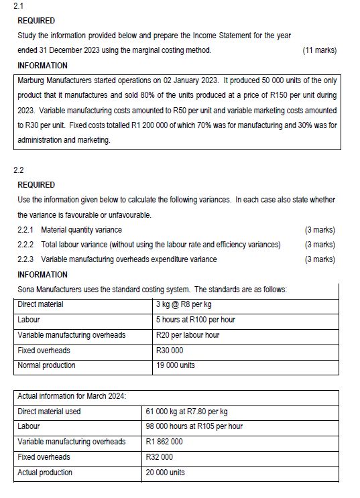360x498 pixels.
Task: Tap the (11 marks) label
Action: point(319,50)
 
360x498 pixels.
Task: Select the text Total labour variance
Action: point(76,245)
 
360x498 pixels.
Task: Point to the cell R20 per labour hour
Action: point(187,335)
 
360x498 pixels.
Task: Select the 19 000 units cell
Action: point(175,365)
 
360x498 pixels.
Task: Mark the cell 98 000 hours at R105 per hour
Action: point(194,426)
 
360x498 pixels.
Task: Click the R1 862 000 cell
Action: point(164,442)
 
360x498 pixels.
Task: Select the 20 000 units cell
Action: point(165,473)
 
